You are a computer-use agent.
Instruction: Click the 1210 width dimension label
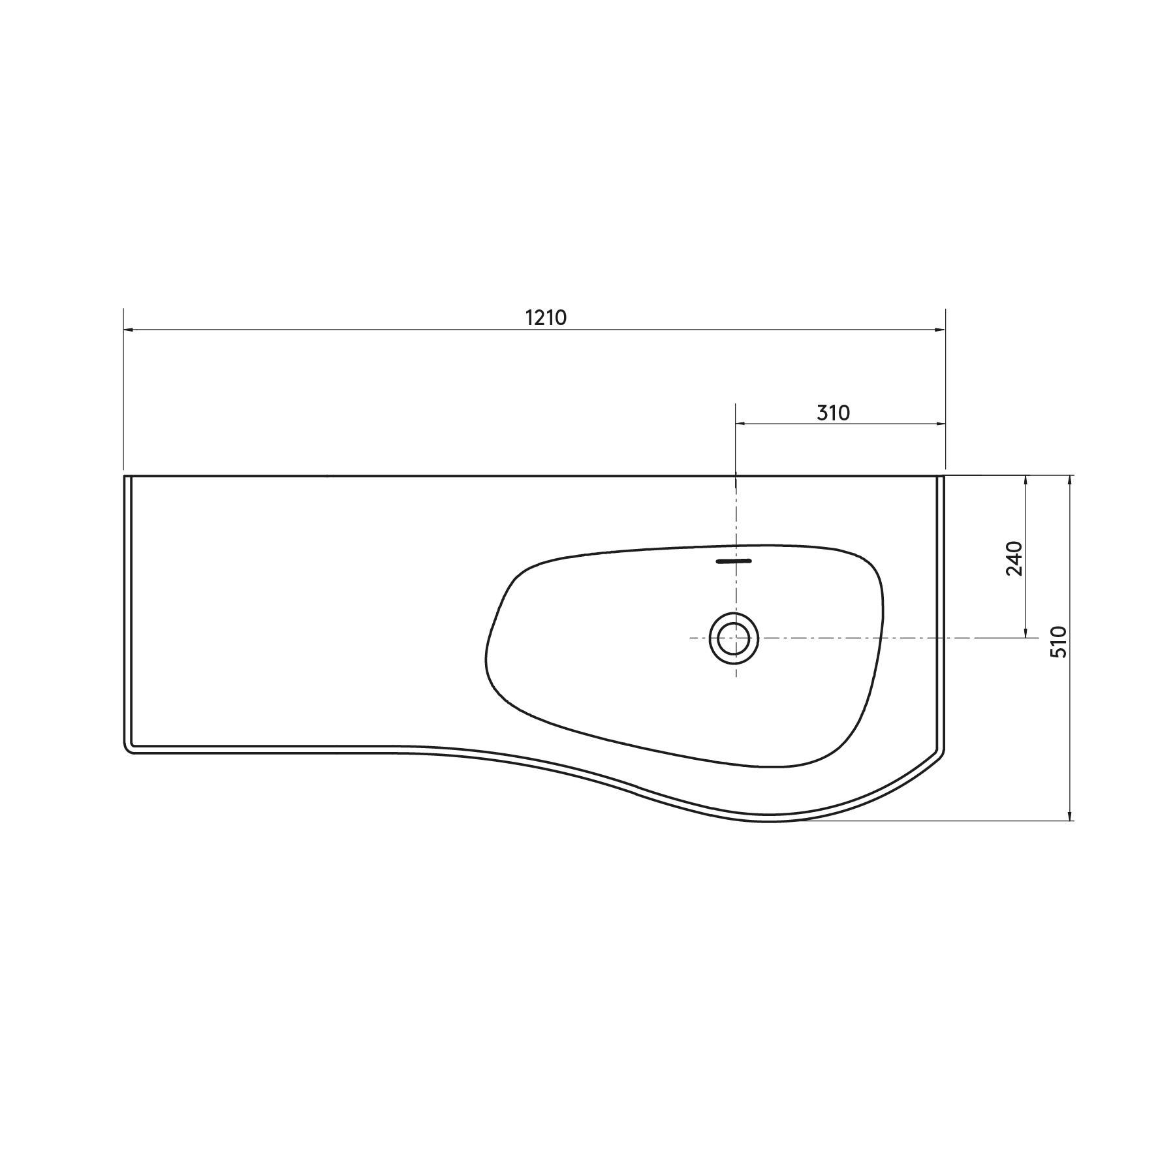pos(546,317)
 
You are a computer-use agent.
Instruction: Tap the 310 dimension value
pos(834,413)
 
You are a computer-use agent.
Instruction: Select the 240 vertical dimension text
pos(1014,558)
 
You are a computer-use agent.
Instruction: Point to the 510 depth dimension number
pos(1059,642)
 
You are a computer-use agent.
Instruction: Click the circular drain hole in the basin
pos(734,637)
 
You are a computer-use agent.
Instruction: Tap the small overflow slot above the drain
pos(734,560)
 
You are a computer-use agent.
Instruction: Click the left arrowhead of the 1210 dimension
pos(128,330)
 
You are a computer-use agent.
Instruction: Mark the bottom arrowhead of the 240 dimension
pos(1026,633)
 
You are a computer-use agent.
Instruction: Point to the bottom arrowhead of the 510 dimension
pos(1069,816)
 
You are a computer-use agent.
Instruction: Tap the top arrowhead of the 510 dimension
pos(1069,480)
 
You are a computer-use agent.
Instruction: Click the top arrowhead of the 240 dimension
pos(1026,480)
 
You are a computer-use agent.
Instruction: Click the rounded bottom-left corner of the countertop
pos(128,749)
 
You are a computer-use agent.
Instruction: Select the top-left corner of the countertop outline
pos(125,477)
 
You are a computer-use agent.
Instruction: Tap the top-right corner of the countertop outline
pos(945,477)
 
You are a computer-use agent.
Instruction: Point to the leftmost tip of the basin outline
pos(486,656)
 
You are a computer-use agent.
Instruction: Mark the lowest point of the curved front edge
pos(770,820)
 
